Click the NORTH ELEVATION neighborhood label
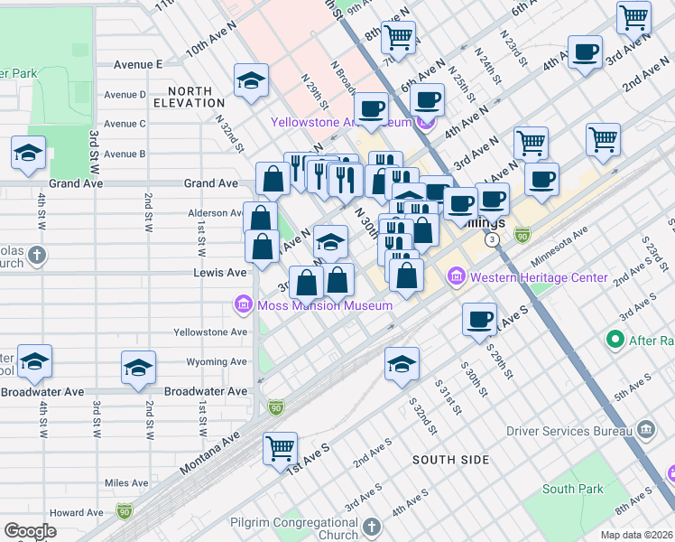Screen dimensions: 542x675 (x=190, y=98)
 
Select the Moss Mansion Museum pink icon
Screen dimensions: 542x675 (x=243, y=305)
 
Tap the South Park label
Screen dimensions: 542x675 (x=573, y=489)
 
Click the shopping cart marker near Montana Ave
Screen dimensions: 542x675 (x=281, y=447)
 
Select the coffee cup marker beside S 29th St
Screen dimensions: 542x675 (x=479, y=319)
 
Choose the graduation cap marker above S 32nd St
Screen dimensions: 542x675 (x=402, y=364)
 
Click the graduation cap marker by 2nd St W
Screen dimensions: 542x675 (x=139, y=369)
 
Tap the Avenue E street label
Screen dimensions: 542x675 (x=138, y=65)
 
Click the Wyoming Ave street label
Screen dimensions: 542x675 (x=217, y=362)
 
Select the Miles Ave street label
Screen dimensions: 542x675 (x=125, y=483)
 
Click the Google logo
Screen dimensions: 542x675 (x=31, y=530)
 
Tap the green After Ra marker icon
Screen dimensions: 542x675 (x=616, y=340)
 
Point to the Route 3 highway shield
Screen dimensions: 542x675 (x=492, y=240)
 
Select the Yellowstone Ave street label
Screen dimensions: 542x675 (x=210, y=332)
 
